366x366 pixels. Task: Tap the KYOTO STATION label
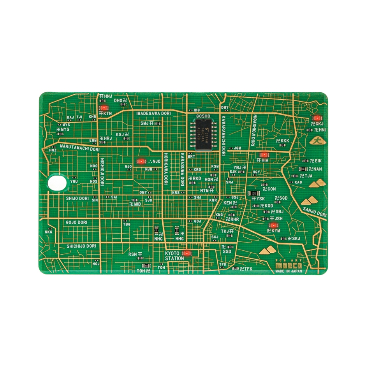(174, 255)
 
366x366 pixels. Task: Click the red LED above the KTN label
(103, 108)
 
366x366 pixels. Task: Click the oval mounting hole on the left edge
(56, 182)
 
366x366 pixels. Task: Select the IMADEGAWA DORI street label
(153, 113)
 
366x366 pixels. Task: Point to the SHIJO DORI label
(77, 199)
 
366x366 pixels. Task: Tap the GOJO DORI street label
(76, 222)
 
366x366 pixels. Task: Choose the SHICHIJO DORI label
(81, 246)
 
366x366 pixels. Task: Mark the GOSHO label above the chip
(203, 116)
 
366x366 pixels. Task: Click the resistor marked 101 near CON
(254, 193)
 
